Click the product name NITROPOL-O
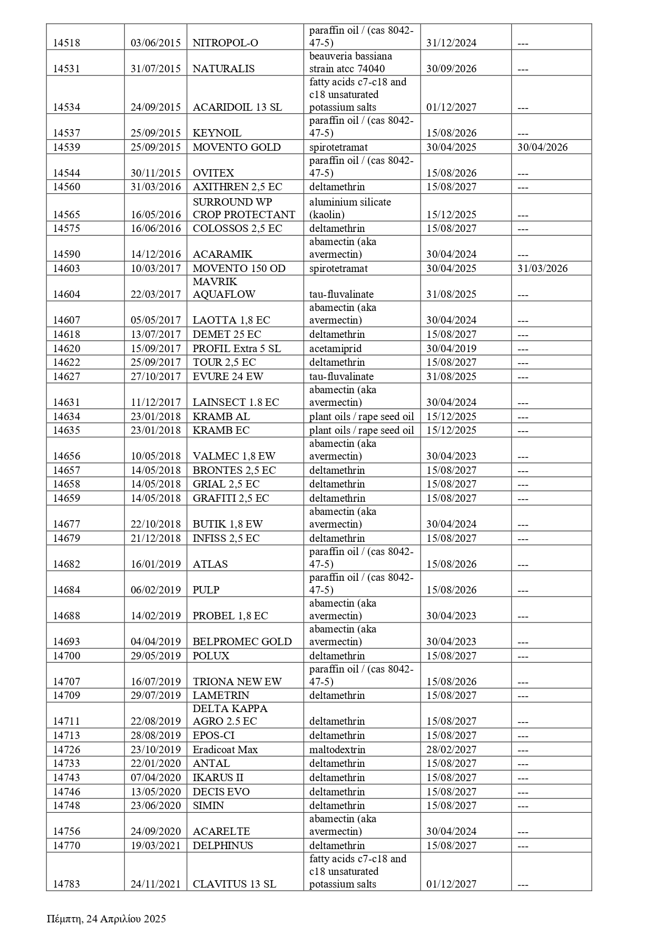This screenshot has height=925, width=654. pos(226,43)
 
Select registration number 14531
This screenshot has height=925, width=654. pos(66,69)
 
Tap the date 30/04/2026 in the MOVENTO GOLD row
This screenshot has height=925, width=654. pos(542,148)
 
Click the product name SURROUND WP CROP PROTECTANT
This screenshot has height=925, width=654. pos(243,208)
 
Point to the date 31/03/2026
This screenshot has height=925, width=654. pos(542,269)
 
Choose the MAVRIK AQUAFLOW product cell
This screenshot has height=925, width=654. pos(224,288)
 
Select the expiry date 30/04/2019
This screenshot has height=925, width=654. pos(451,349)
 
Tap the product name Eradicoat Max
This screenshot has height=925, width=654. pos(225,749)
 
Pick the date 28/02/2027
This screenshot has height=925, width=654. pos(451,749)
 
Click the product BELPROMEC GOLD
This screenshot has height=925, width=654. pos(242,642)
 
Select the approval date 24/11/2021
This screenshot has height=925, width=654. pos(155,884)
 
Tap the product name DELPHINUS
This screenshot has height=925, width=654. pos(223,845)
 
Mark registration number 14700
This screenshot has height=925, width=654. pos(66,656)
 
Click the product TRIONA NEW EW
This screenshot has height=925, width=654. pos(237,682)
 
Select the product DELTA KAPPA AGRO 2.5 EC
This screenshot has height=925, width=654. pos(230,715)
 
